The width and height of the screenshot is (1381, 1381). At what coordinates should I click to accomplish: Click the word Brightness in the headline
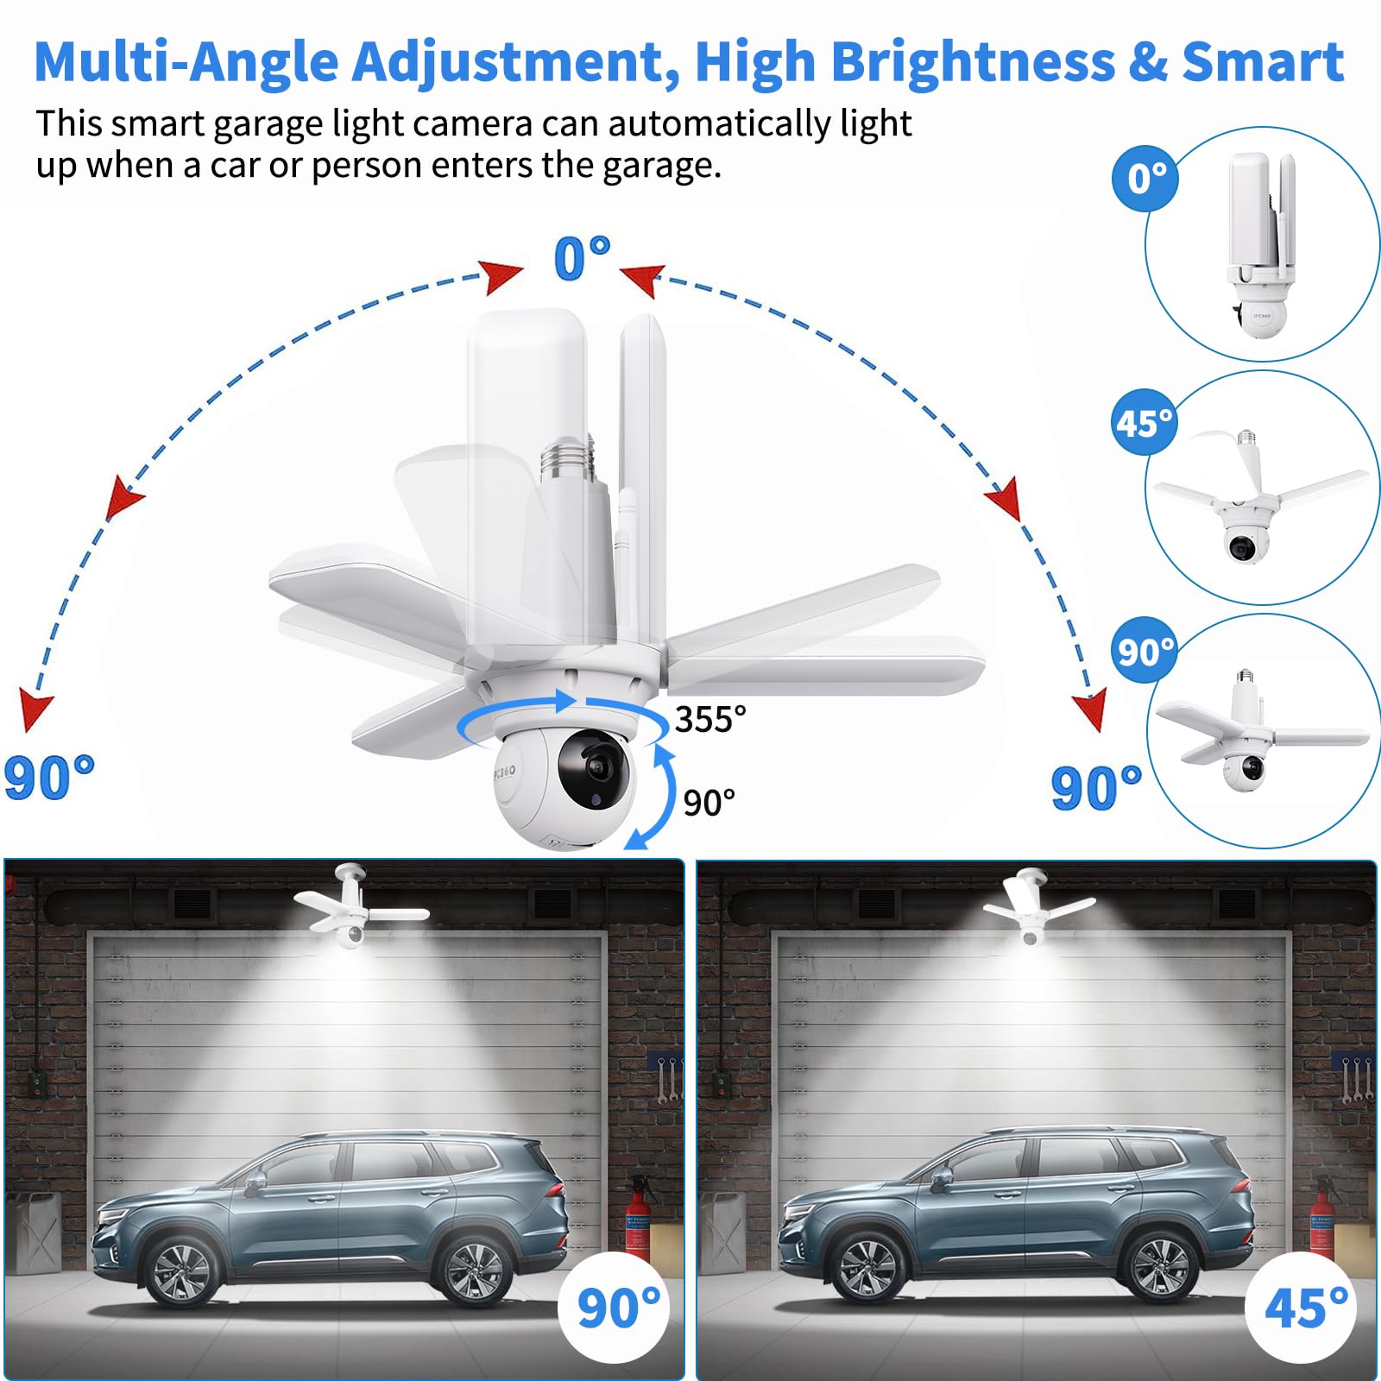click(x=972, y=62)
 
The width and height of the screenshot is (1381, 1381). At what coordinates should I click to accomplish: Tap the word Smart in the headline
click(x=1262, y=62)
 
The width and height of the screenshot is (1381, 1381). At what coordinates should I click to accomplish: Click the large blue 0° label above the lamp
click(x=581, y=258)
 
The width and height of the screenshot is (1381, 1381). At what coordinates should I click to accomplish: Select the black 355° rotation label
click(x=709, y=719)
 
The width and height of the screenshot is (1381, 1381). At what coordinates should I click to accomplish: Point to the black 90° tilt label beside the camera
click(x=709, y=803)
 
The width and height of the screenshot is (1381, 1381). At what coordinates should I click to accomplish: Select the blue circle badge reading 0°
click(x=1146, y=179)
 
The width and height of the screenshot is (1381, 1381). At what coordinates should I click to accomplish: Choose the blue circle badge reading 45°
click(x=1145, y=423)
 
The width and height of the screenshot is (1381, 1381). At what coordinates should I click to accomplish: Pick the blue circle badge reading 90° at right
click(x=1145, y=651)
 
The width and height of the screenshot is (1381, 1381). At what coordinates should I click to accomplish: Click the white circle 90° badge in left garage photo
click(x=616, y=1308)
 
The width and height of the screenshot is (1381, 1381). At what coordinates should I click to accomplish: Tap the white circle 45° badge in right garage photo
click(x=1303, y=1308)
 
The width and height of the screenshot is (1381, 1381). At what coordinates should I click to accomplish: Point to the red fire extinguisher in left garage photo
click(x=637, y=1217)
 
